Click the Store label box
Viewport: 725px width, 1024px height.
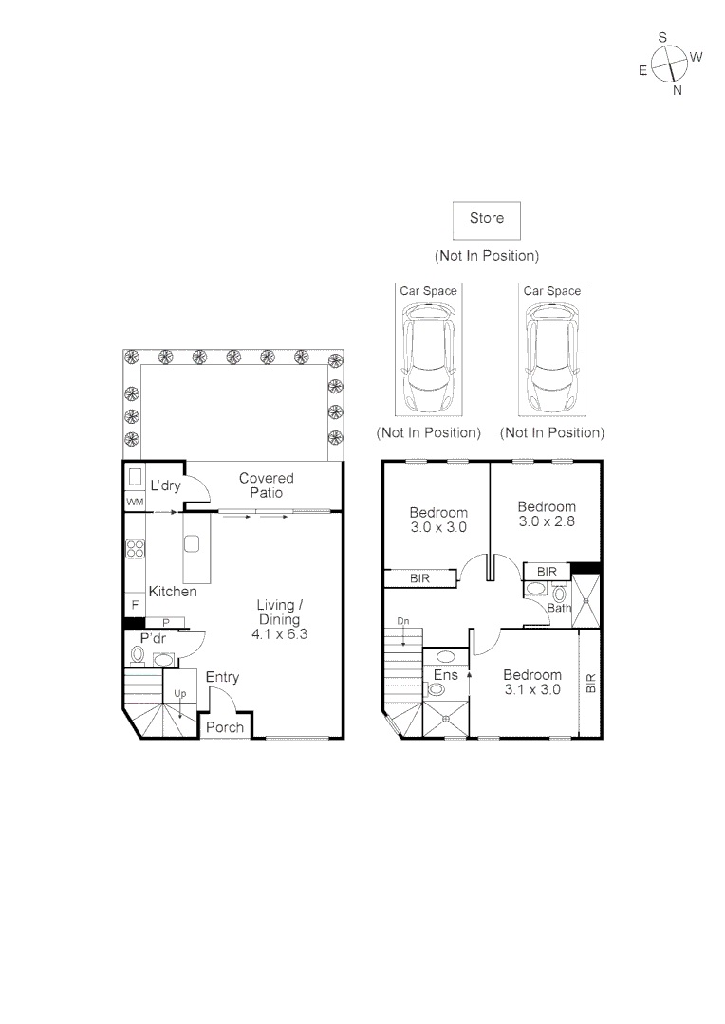click(x=487, y=221)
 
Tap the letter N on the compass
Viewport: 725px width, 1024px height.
click(x=678, y=91)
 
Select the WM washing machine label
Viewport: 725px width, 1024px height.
click(x=136, y=502)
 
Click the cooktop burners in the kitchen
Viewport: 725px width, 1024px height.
click(x=136, y=549)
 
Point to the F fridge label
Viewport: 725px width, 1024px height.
click(x=136, y=605)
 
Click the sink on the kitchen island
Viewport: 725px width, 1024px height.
click(x=192, y=543)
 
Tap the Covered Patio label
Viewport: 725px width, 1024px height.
click(x=266, y=485)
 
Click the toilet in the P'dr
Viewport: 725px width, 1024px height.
click(x=138, y=653)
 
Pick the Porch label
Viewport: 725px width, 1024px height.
click(x=225, y=727)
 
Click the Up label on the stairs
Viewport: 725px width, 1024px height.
click(x=179, y=693)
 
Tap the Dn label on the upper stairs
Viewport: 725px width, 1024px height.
click(x=403, y=621)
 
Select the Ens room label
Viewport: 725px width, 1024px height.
click(x=446, y=675)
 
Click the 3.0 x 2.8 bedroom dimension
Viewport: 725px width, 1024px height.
click(x=548, y=521)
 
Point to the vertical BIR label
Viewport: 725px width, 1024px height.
click(x=591, y=683)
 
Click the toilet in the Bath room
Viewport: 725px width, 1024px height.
click(x=559, y=594)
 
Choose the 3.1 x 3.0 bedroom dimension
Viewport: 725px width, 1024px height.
click(x=532, y=689)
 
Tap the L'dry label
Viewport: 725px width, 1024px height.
click(x=165, y=485)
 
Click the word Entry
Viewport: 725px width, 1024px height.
click(x=222, y=677)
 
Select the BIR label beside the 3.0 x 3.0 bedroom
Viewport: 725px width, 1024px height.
click(x=419, y=578)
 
